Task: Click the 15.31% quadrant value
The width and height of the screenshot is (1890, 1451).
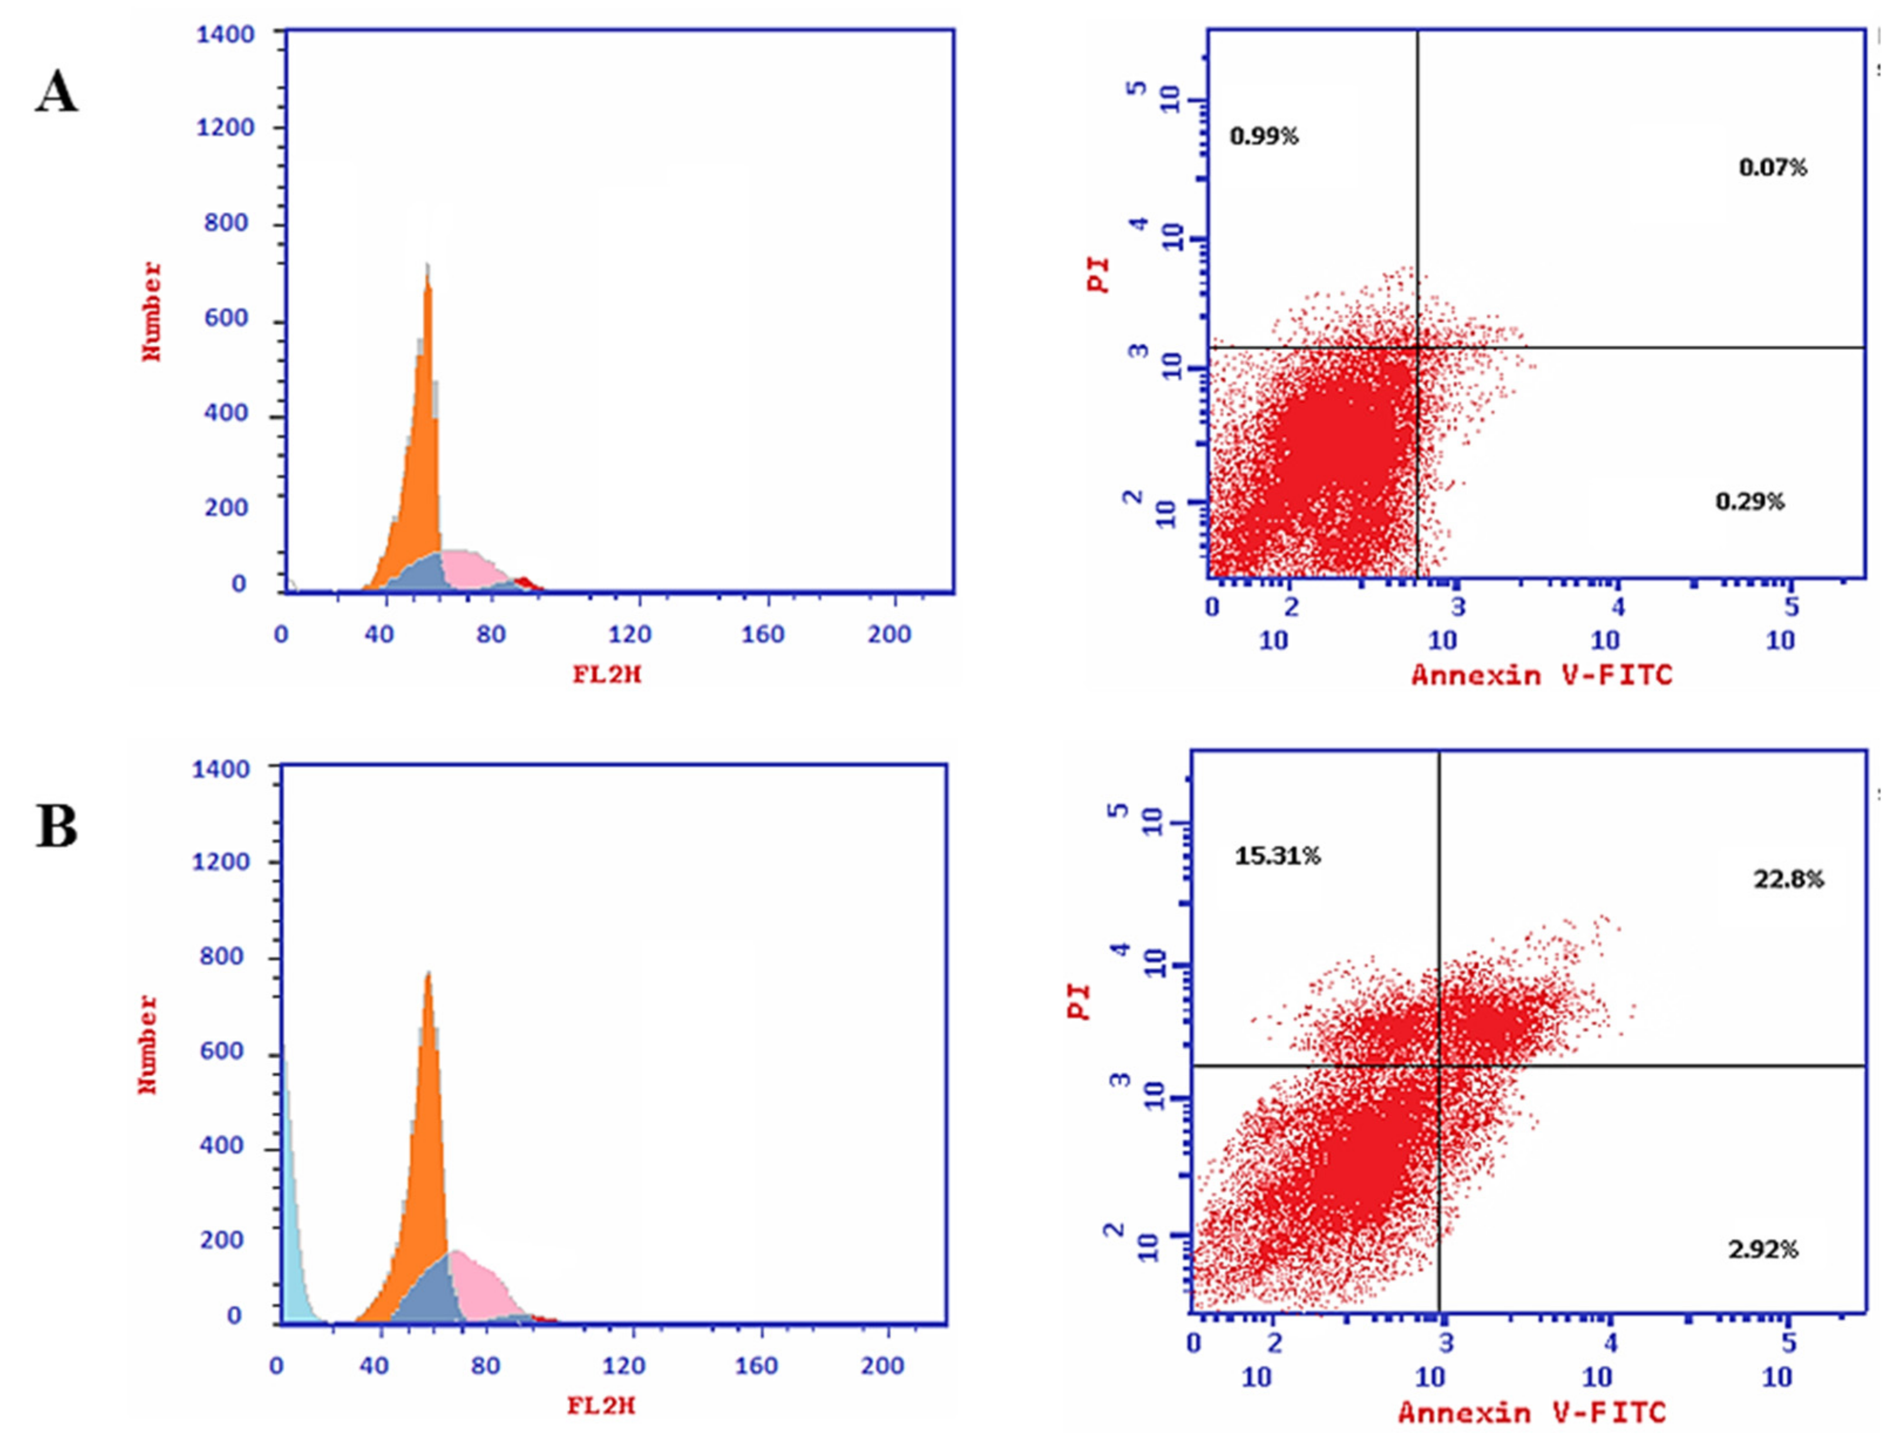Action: [x=1277, y=856]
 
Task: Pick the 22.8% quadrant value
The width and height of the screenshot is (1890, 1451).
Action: [x=1788, y=879]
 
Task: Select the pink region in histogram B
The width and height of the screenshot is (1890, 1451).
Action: [x=480, y=1287]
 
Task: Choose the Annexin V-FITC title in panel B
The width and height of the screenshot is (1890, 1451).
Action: [x=1531, y=1412]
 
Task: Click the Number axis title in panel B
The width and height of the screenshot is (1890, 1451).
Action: [x=148, y=1044]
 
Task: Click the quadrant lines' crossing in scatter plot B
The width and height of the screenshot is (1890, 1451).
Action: [x=1439, y=1066]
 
